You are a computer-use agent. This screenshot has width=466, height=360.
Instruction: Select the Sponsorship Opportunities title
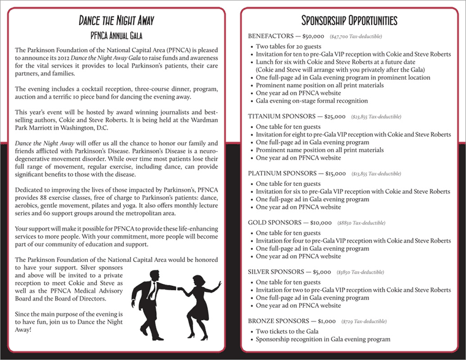349,20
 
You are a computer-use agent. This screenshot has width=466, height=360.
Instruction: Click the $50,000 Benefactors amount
311,37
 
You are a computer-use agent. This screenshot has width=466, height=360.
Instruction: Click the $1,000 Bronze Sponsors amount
327,321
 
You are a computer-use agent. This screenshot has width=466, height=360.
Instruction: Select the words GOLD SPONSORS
273,223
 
